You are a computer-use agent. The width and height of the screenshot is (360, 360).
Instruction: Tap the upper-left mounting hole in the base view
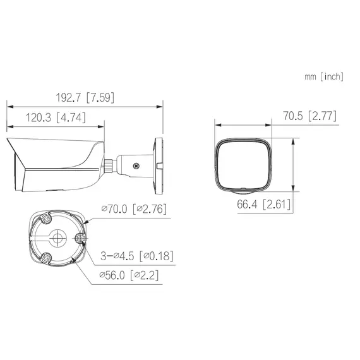point(46,219)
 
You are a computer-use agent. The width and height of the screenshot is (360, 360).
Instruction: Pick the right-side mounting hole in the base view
point(80,239)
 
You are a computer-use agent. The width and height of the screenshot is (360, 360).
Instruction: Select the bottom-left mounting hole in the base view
point(46,258)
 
